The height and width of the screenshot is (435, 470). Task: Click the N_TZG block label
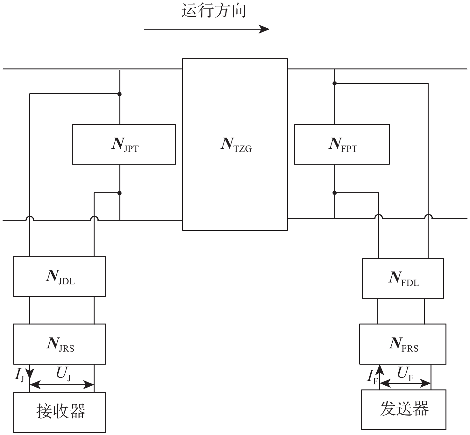(236, 145)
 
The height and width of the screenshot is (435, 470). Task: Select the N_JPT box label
(125, 145)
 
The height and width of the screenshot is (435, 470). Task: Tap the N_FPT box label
(343, 145)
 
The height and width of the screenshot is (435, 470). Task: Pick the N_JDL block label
(60, 277)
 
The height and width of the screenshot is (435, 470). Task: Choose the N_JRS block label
(60, 344)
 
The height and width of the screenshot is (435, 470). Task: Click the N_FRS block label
(403, 344)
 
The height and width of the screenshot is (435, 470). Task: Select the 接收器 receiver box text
(61, 411)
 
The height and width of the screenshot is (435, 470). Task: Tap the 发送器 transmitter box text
(404, 409)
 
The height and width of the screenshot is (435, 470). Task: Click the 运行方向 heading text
(214, 11)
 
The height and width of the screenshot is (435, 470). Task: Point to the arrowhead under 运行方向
(265, 29)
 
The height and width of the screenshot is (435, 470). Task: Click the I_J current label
(19, 375)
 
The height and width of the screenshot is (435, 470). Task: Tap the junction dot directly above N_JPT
(120, 94)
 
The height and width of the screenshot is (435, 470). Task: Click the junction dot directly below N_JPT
(120, 193)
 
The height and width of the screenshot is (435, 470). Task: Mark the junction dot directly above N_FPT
(334, 83)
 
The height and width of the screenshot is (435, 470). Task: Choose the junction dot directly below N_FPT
(334, 193)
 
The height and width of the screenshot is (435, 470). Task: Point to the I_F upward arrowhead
(380, 369)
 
